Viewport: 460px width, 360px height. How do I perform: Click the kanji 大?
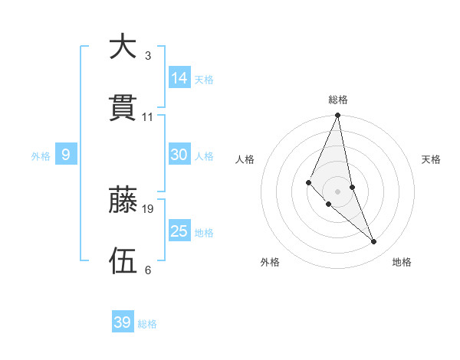(x=123, y=47)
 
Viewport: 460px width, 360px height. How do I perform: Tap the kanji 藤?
(x=123, y=201)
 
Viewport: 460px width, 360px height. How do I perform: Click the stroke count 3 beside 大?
(x=148, y=56)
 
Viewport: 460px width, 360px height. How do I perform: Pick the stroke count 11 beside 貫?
(x=148, y=117)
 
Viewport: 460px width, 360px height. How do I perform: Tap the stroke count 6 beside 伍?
(x=148, y=270)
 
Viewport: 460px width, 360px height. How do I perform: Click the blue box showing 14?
(x=179, y=77)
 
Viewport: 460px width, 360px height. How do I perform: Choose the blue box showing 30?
(x=179, y=155)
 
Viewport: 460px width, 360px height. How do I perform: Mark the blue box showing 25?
(x=179, y=231)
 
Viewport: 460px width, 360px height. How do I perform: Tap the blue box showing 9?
(x=66, y=155)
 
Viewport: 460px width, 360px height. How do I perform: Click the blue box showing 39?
(x=123, y=322)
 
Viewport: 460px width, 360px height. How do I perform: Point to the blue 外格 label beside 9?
(x=41, y=156)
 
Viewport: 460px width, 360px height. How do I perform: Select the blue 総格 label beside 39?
(x=147, y=324)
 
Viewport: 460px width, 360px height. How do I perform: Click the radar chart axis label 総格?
(x=338, y=100)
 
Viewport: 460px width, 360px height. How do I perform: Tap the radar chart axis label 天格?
(x=432, y=159)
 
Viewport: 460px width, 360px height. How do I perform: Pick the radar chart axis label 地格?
(x=402, y=262)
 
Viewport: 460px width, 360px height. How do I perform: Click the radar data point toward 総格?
(x=338, y=116)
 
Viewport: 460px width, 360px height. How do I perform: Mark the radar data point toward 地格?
(x=374, y=242)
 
